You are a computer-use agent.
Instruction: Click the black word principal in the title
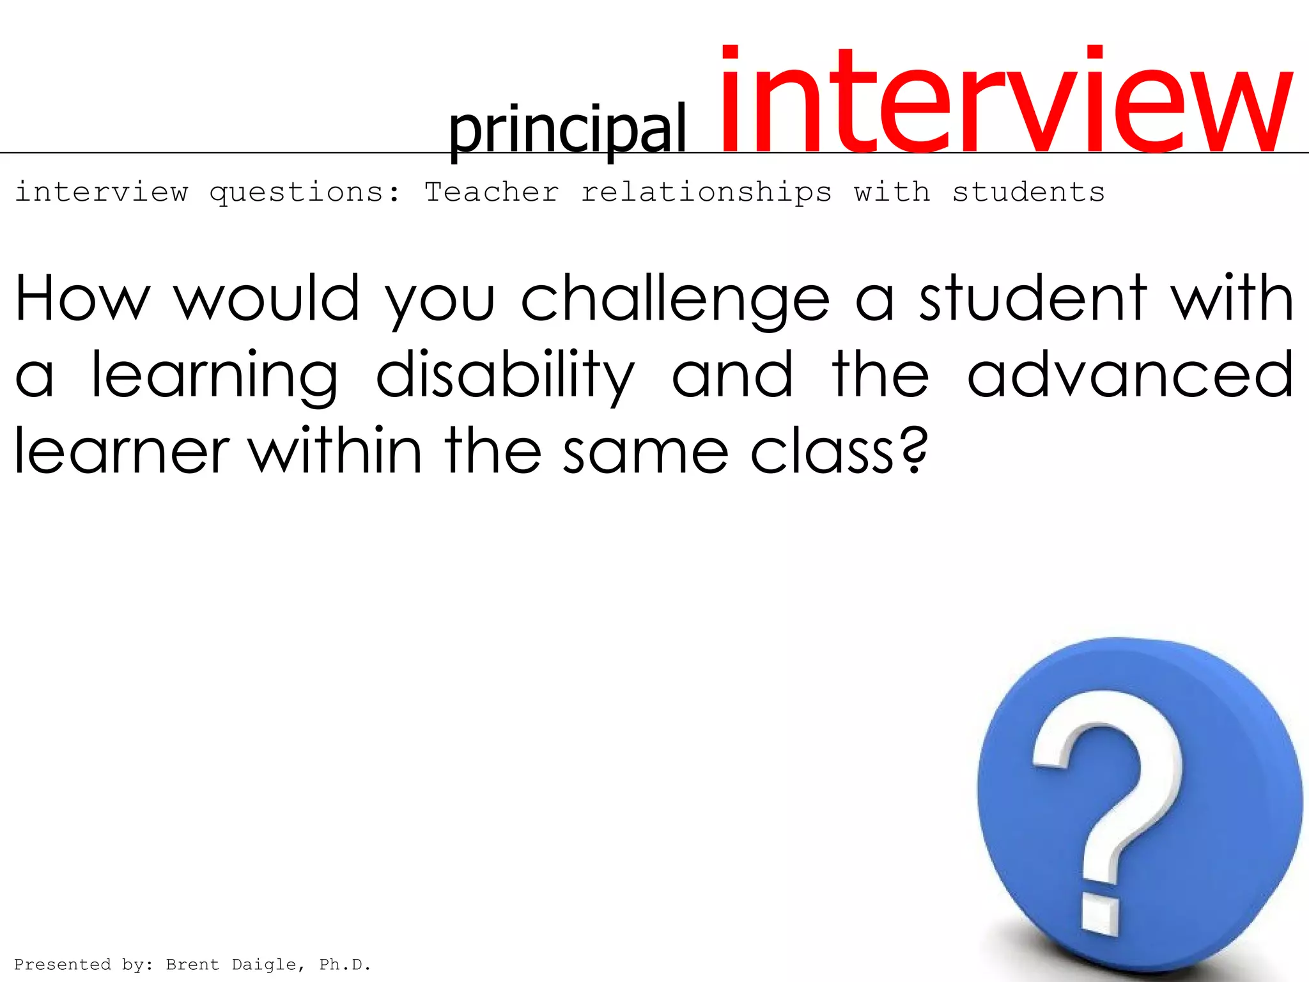click(x=567, y=130)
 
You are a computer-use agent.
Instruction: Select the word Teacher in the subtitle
click(x=492, y=192)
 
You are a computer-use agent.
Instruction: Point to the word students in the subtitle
click(x=1028, y=192)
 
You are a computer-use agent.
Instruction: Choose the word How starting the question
click(x=82, y=298)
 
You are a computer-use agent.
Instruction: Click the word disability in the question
click(x=505, y=377)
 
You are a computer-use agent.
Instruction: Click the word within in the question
click(x=335, y=450)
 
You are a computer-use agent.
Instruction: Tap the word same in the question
click(x=646, y=451)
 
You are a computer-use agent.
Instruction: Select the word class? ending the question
click(x=838, y=451)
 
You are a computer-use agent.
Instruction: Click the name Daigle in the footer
click(x=263, y=965)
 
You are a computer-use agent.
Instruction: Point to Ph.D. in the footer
click(x=345, y=965)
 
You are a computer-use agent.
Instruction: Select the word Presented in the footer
click(x=62, y=965)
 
